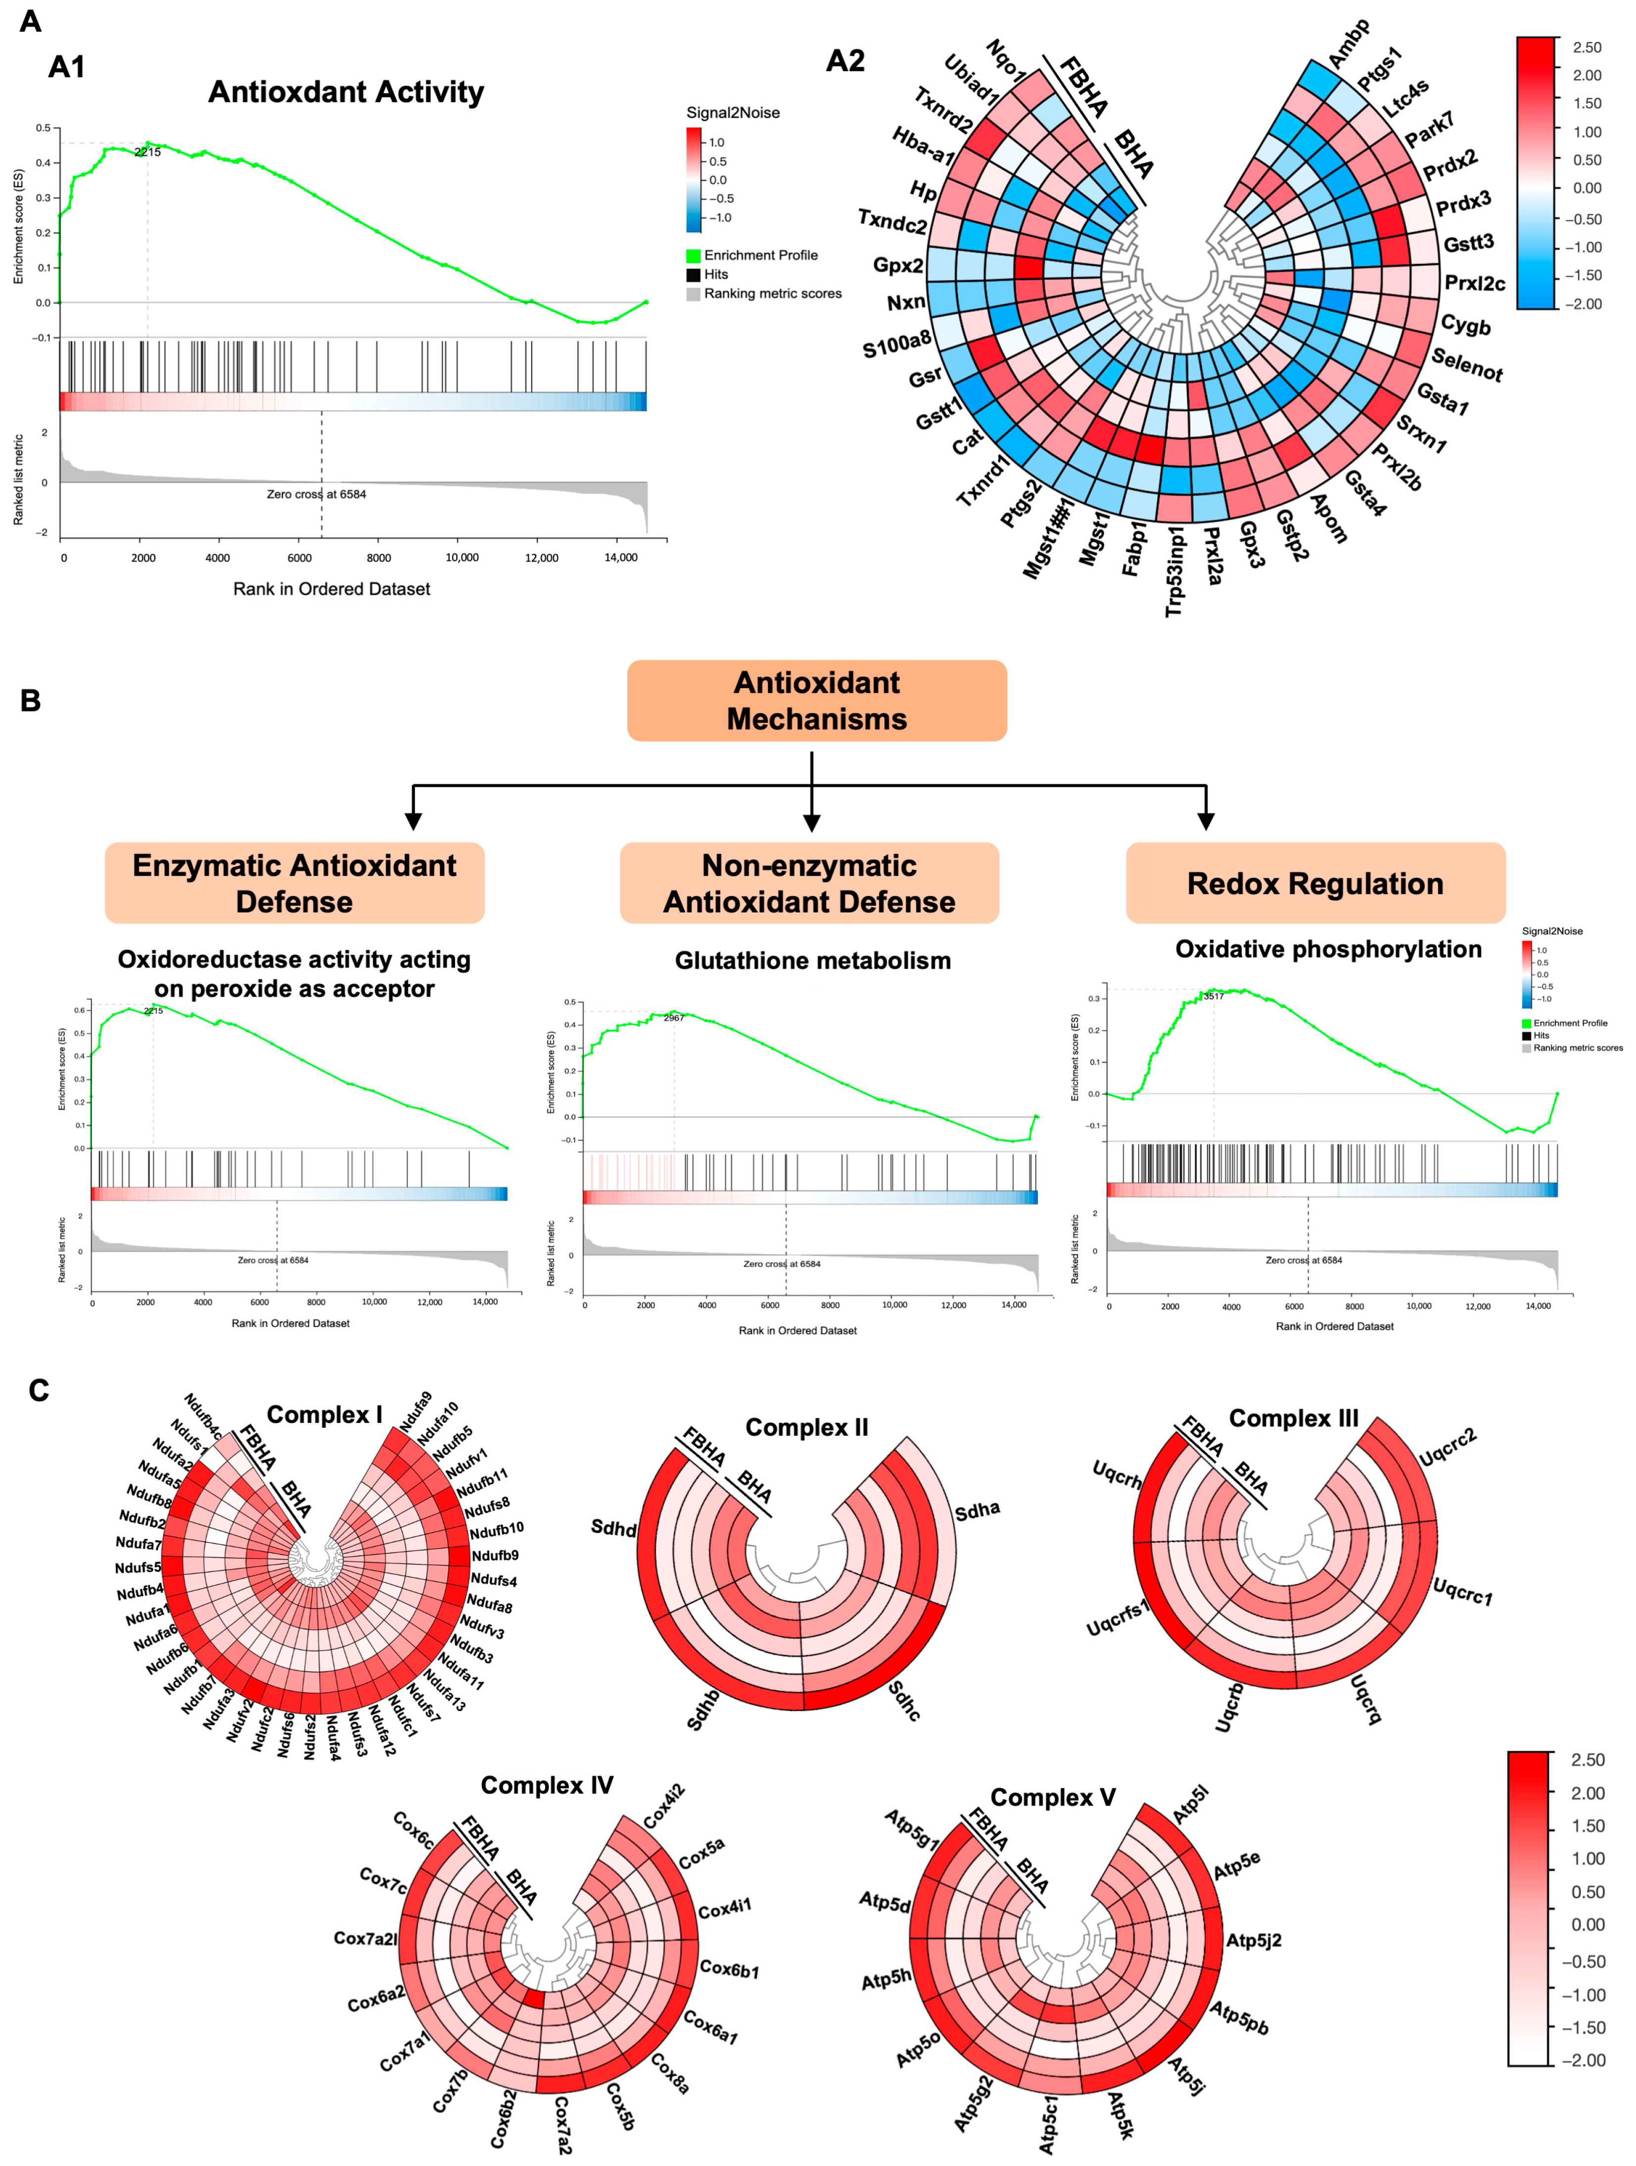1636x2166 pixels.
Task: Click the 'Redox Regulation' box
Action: [1315, 883]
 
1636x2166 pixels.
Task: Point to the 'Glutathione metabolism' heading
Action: [813, 960]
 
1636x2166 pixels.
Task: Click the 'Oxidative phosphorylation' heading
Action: [1328, 949]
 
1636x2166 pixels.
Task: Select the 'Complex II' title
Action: [807, 1427]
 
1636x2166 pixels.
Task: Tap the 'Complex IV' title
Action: [546, 1785]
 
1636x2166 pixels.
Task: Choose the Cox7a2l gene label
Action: [365, 1938]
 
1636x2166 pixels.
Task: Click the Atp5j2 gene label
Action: [1253, 1940]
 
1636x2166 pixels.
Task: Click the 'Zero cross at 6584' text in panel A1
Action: [316, 495]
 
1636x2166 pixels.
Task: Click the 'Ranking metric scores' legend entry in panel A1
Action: [772, 294]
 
